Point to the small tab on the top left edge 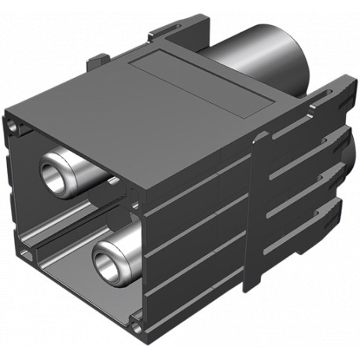100,61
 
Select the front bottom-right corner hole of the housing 140,322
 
